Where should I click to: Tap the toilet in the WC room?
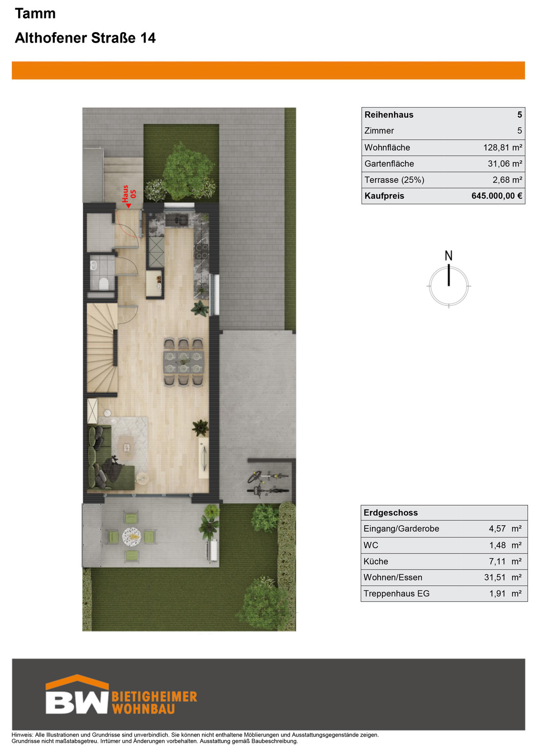pyautogui.click(x=104, y=283)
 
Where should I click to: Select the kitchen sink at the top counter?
pyautogui.click(x=177, y=219)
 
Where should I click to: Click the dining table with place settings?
pyautogui.click(x=184, y=362)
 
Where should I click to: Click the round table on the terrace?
pyautogui.click(x=132, y=536)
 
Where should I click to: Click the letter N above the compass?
pyautogui.click(x=448, y=256)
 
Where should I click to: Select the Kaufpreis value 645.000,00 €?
pyautogui.click(x=496, y=195)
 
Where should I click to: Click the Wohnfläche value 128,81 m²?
pyautogui.click(x=502, y=147)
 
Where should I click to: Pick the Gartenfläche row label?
pyautogui.click(x=389, y=163)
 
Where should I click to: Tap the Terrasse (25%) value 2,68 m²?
pyautogui.click(x=507, y=180)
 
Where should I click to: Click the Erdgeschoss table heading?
pyautogui.click(x=391, y=512)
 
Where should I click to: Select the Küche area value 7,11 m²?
pyautogui.click(x=505, y=561)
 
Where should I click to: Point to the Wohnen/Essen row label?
pyautogui.click(x=393, y=577)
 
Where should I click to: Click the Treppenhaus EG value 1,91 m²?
pyautogui.click(x=505, y=594)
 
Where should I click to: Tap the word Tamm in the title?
pyautogui.click(x=35, y=14)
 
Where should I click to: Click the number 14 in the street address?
pyautogui.click(x=148, y=38)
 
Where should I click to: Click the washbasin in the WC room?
pyautogui.click(x=94, y=265)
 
